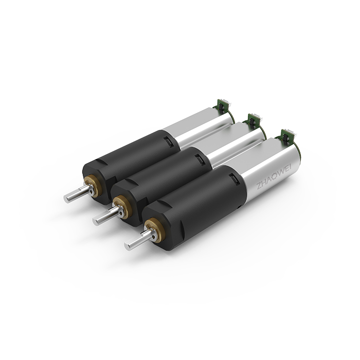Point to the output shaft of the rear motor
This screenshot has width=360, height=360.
point(79,194)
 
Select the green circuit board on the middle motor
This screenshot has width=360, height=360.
point(253,121)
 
